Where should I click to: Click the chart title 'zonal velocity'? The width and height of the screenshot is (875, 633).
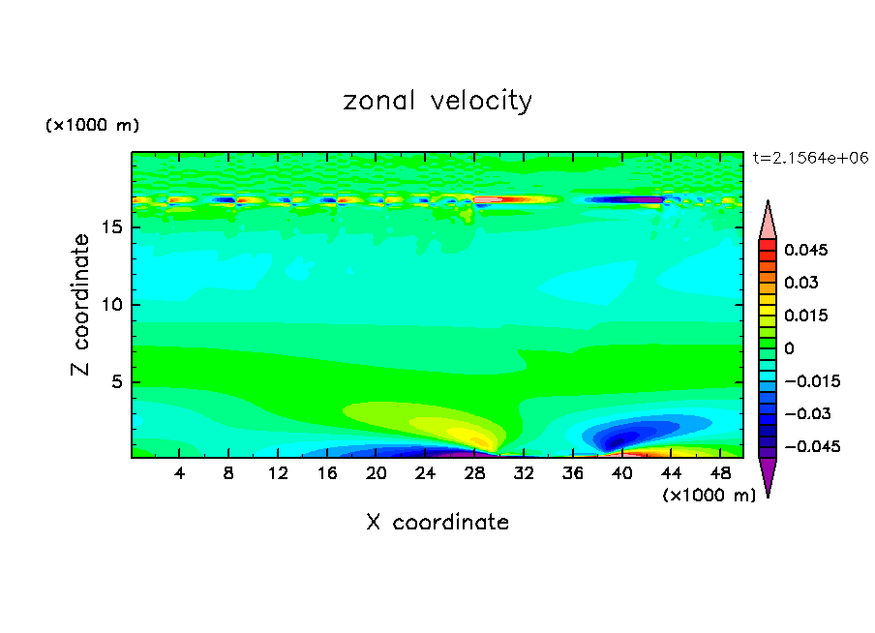(437, 101)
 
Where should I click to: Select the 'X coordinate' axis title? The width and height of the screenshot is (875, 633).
(437, 523)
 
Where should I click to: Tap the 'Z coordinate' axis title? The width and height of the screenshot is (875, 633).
(82, 306)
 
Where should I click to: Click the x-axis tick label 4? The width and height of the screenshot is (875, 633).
(180, 473)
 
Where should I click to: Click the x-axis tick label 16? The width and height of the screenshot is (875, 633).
(327, 473)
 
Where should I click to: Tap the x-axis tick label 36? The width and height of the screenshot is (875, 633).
(572, 473)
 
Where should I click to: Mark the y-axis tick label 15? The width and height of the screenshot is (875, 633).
(113, 228)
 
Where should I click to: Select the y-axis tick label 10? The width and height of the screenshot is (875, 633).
(113, 305)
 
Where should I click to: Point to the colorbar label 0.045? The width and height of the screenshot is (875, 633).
(805, 250)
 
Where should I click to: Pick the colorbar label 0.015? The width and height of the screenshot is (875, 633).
(805, 316)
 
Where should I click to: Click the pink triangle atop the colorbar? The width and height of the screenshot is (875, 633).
(768, 220)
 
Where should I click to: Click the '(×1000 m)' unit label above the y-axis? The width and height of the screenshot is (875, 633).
(92, 126)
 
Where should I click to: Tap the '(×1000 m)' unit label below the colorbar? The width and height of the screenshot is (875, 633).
(709, 496)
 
